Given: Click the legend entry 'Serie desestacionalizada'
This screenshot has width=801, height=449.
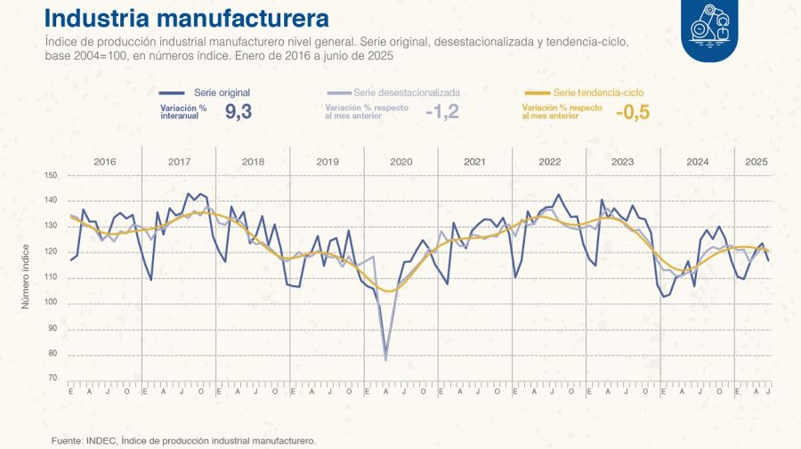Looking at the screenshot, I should [406, 92].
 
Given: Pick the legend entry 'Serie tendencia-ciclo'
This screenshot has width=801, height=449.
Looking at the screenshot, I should [598, 92].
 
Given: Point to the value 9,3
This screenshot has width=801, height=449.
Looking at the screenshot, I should [239, 112].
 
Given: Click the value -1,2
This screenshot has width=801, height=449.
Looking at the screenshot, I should [441, 112].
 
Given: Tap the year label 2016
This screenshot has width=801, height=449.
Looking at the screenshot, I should [105, 162].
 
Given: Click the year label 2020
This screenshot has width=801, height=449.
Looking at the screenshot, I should [400, 162].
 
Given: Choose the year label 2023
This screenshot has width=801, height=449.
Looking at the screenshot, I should [622, 162].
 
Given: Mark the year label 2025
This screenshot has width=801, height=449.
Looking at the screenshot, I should [756, 162].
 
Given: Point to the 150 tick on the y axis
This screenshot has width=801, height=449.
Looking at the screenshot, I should [50, 175].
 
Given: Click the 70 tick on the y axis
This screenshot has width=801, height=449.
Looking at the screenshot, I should [52, 379].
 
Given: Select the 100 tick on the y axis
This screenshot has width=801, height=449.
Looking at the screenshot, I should [50, 302].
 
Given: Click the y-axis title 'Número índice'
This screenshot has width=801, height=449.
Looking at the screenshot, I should [26, 277].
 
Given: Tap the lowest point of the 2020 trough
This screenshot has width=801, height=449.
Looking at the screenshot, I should [385, 359].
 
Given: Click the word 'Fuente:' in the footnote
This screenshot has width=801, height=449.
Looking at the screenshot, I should [66, 439].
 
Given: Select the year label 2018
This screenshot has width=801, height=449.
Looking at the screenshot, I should [253, 162].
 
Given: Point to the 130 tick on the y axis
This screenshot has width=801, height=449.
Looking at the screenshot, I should [50, 226].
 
